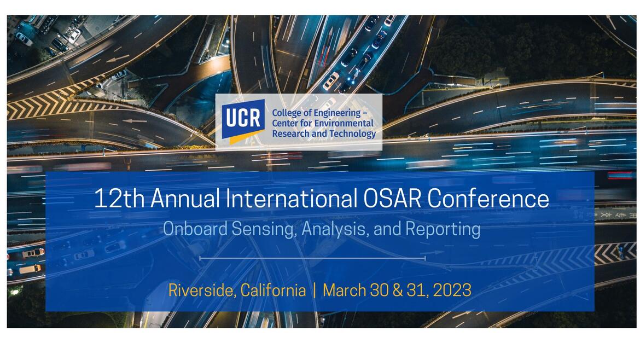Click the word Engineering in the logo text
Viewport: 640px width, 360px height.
[338, 113]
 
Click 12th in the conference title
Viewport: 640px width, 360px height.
[119, 198]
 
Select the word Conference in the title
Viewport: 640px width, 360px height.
[488, 198]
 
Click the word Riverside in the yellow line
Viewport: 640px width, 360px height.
[201, 290]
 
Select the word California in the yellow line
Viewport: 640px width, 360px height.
[273, 290]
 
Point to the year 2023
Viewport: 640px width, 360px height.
[452, 290]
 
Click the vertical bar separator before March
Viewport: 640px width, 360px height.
[315, 290]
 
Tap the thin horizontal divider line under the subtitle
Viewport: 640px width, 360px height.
[312, 258]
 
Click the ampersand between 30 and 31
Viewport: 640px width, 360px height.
[397, 290]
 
